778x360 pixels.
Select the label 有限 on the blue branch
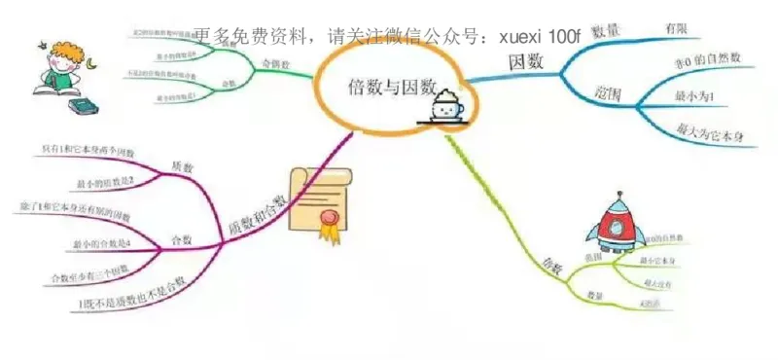click(x=676, y=29)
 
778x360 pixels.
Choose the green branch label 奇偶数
click(x=276, y=63)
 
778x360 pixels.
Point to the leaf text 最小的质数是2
click(x=107, y=181)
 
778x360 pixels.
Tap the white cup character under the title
click(x=449, y=106)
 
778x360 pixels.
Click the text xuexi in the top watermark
click(x=520, y=37)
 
